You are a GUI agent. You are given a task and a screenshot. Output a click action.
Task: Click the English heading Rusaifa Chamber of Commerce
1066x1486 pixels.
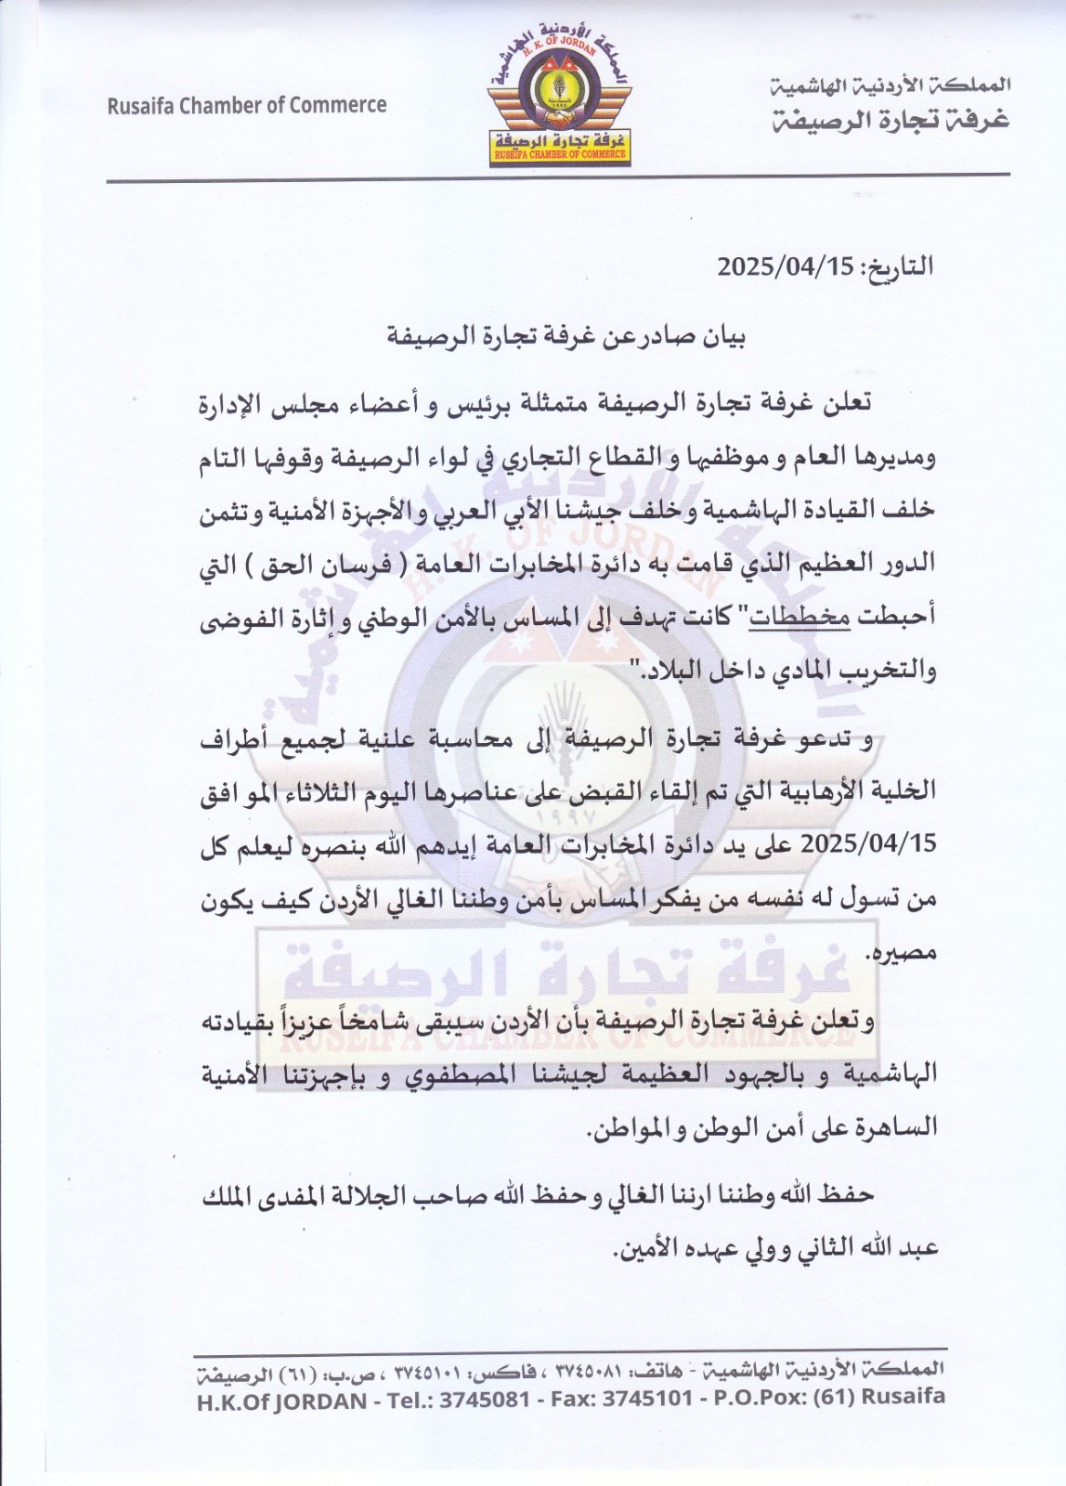(246, 105)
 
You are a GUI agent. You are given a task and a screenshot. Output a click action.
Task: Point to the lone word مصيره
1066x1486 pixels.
(902, 954)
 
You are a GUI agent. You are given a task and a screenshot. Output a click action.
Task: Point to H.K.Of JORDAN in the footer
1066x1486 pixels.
(281, 1400)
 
